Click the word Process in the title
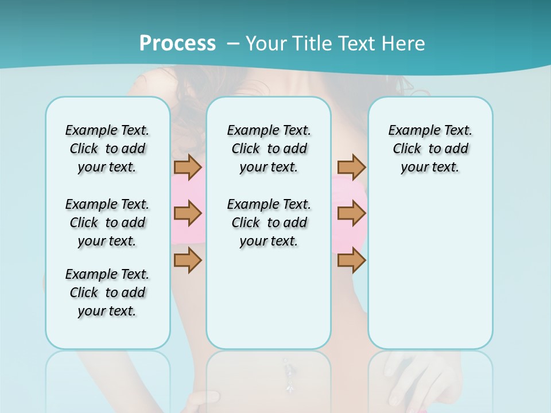[x=177, y=44]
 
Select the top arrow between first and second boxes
[x=188, y=167]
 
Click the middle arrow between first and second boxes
[x=188, y=214]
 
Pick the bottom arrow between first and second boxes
[x=188, y=261]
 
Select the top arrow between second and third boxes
[x=351, y=167]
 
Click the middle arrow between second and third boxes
[x=351, y=214]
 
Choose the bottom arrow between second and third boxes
[x=351, y=261]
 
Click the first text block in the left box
[x=107, y=149]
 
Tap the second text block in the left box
[x=107, y=223]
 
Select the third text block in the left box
[x=107, y=293]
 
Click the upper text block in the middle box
[x=269, y=149]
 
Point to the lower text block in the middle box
[x=269, y=223]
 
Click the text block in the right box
[x=430, y=149]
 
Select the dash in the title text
[x=233, y=44]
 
